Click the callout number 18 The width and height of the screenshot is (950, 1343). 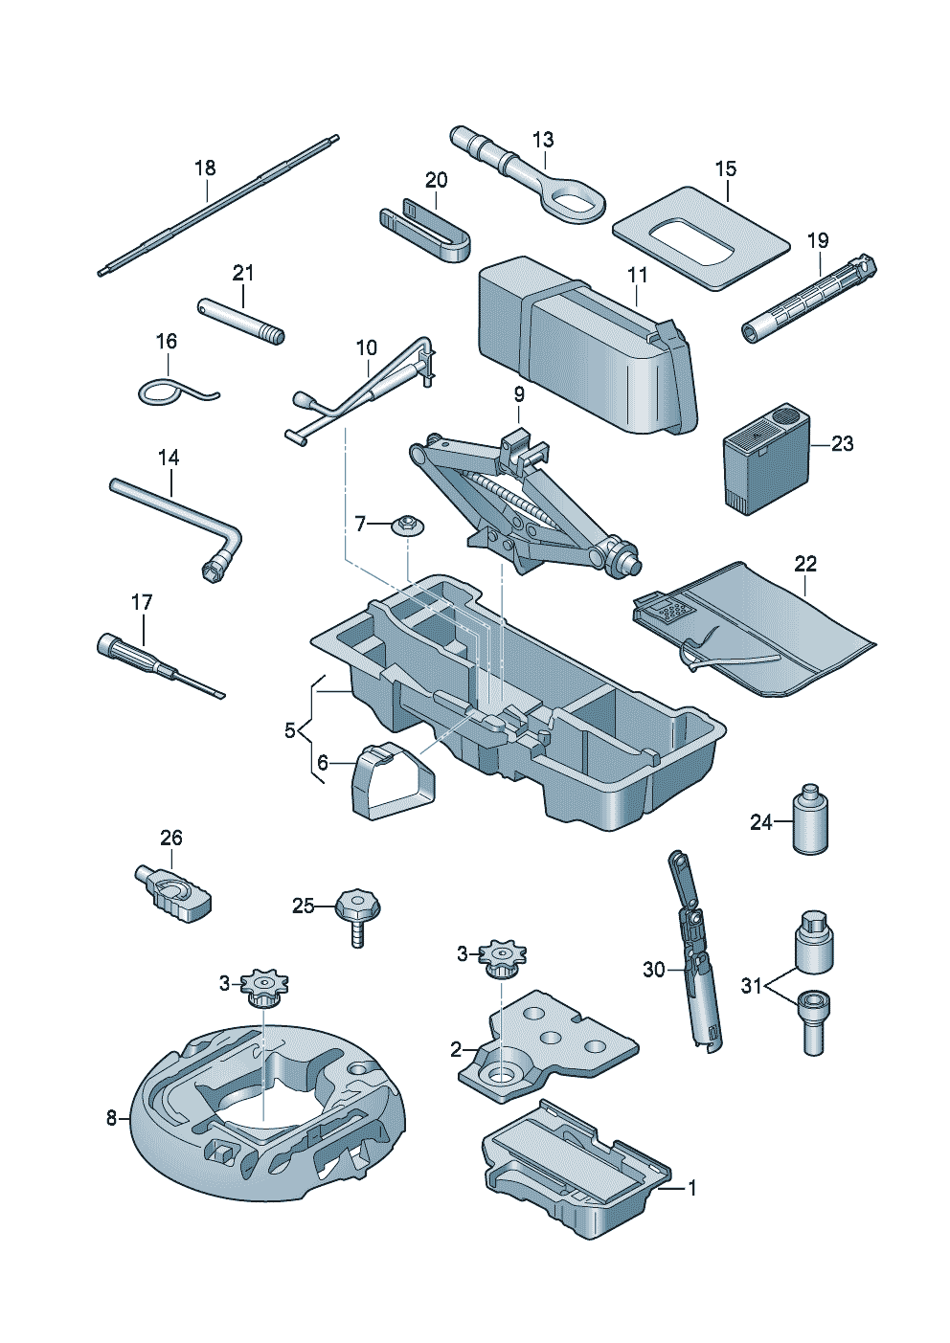coord(205,168)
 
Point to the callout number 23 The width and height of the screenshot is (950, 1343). coord(842,444)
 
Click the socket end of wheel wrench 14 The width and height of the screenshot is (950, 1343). coord(216,569)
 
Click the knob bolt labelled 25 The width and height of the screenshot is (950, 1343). coord(358,909)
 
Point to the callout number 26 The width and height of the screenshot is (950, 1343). coord(170,839)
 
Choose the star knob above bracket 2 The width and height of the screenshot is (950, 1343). coord(499,957)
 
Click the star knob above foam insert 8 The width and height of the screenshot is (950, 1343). coord(263,986)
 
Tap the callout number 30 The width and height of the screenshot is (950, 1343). coord(654,970)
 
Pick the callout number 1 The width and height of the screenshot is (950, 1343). coord(692,1189)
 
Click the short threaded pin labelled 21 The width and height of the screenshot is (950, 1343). coord(239,320)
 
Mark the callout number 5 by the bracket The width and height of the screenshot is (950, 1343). coord(290,730)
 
